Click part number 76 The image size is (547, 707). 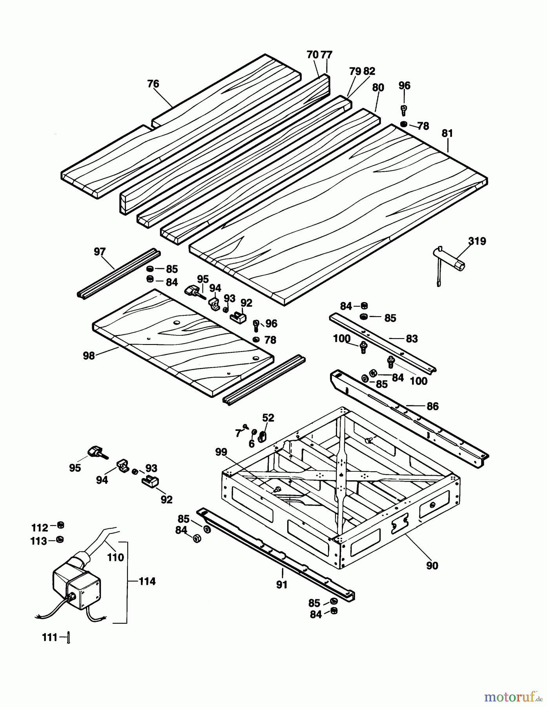[x=153, y=84]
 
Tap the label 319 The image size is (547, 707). [x=477, y=241]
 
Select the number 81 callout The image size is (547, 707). [x=447, y=134]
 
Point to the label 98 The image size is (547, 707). [x=89, y=355]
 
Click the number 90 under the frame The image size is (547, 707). [x=432, y=566]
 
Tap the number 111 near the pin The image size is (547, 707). [x=50, y=637]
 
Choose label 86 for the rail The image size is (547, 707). [x=432, y=406]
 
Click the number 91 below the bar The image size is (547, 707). [x=282, y=585]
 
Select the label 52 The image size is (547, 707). [x=268, y=418]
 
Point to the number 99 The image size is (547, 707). [x=221, y=452]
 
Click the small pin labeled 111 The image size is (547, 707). [x=68, y=638]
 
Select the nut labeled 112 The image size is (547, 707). [x=60, y=525]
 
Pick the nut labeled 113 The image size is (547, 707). [x=60, y=539]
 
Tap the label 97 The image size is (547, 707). [x=100, y=251]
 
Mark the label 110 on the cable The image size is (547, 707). [x=115, y=557]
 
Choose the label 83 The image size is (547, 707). [x=412, y=339]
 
